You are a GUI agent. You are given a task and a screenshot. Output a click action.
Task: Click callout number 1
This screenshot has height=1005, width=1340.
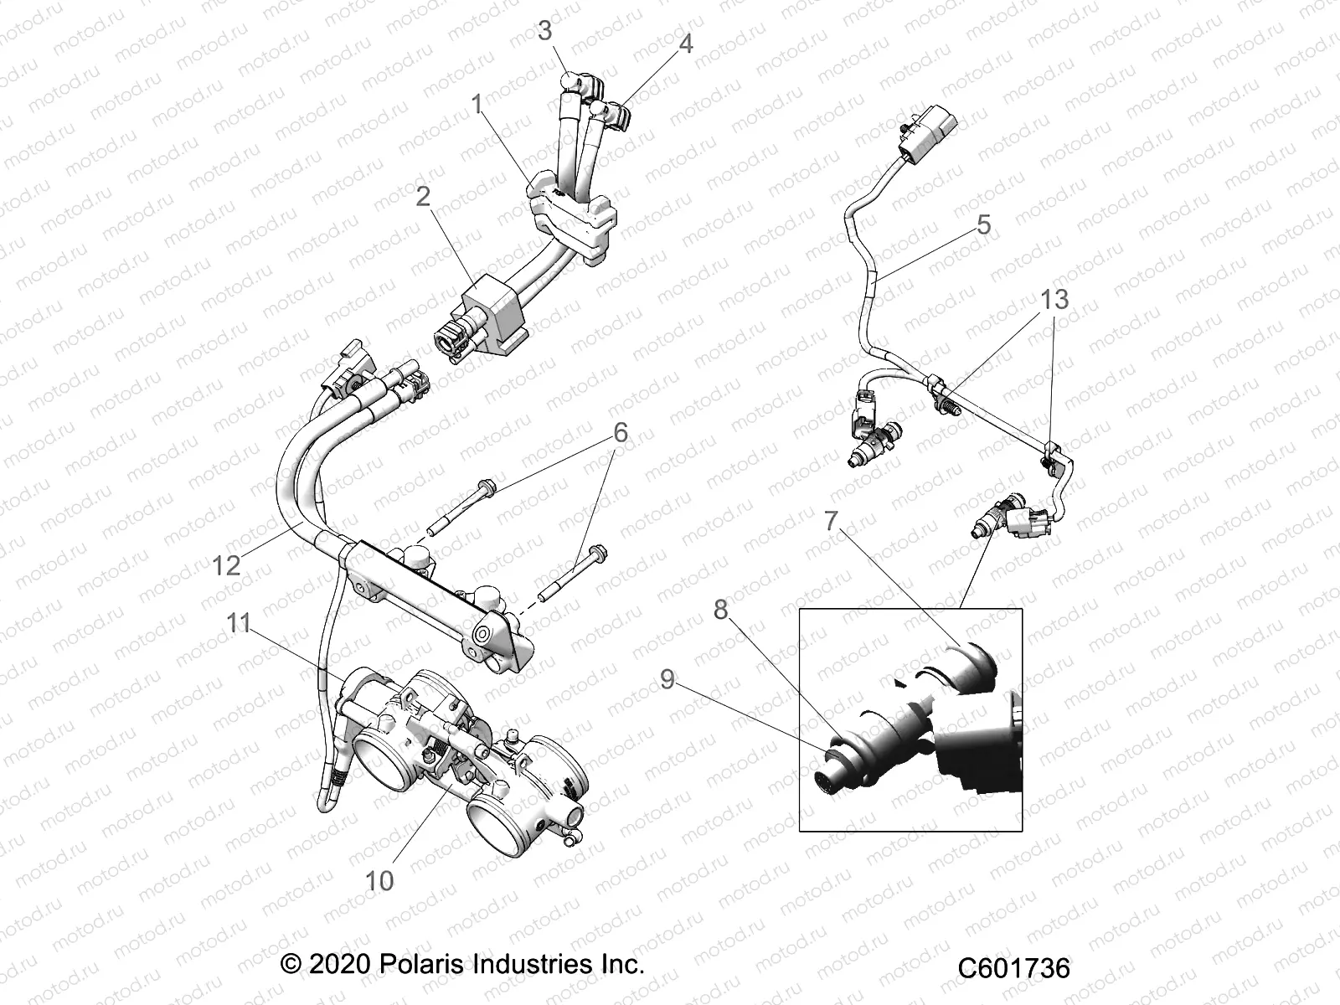[x=477, y=106]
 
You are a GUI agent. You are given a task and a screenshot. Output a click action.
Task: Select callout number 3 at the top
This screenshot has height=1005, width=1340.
[x=545, y=32]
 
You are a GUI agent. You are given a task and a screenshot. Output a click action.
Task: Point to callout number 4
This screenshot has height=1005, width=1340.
[x=686, y=44]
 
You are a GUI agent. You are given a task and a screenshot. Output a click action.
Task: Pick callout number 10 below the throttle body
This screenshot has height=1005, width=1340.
[x=379, y=880]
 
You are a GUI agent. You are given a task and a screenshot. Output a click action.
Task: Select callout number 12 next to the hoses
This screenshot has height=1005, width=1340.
[x=226, y=565]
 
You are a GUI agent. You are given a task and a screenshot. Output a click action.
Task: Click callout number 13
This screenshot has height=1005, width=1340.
[x=1054, y=299]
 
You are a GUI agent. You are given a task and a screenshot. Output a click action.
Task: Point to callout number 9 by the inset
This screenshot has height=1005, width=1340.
[x=667, y=679]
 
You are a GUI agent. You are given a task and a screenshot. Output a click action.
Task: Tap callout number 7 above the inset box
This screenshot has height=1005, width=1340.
[x=830, y=521]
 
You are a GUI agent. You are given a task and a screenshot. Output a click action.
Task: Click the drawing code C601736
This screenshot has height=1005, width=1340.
[x=1014, y=969]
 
